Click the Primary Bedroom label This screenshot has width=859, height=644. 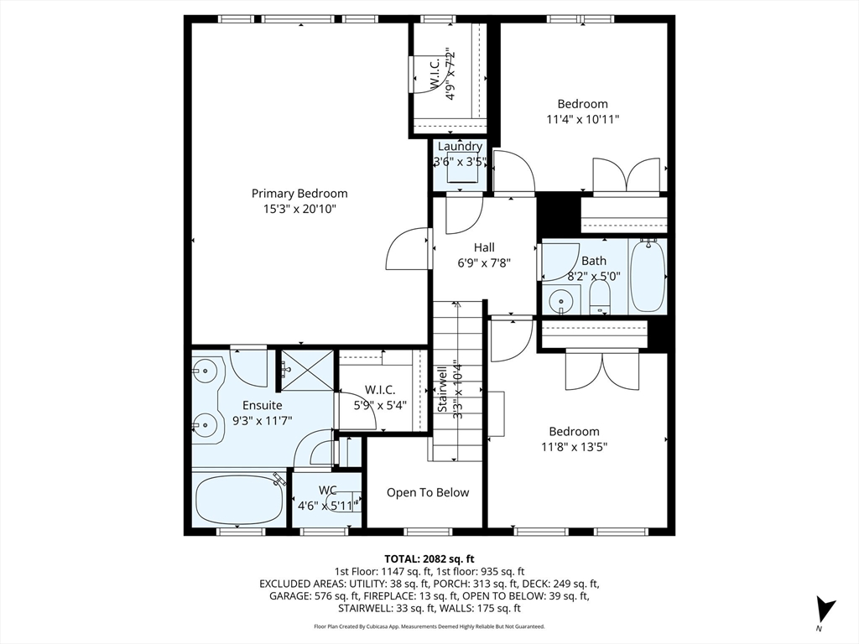tap(299, 194)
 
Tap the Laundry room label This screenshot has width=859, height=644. tap(460, 146)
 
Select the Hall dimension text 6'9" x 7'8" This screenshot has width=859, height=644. tap(484, 262)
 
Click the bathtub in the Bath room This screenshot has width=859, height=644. tap(648, 276)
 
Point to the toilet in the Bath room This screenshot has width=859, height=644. tap(600, 299)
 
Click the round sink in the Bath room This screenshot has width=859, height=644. tap(561, 302)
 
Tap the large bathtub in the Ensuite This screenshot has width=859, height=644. tap(239, 500)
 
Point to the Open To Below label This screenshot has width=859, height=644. tap(428, 492)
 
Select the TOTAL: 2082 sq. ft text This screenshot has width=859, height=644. tap(429, 559)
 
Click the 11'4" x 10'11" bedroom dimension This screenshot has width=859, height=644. tap(583, 119)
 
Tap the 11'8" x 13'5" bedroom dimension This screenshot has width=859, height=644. tap(574, 446)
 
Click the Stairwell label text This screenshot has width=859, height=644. tap(443, 389)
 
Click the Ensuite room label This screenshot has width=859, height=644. tap(263, 405)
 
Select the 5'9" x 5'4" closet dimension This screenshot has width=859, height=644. tap(380, 405)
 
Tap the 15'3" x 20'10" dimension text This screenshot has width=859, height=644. tap(299, 209)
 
